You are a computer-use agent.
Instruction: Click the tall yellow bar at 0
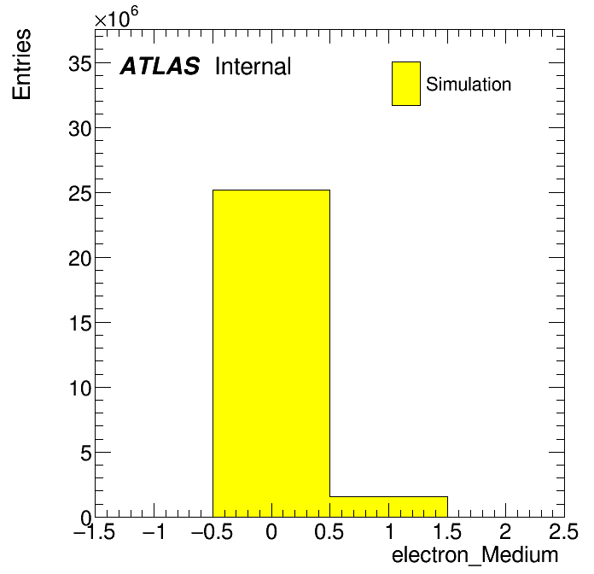click(x=271, y=354)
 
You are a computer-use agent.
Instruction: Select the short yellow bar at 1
click(x=388, y=507)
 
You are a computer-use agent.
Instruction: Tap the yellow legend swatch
click(x=406, y=84)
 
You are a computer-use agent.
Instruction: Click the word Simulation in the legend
click(x=469, y=85)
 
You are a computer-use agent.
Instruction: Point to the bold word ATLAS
click(x=160, y=66)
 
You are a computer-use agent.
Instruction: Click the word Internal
click(x=253, y=66)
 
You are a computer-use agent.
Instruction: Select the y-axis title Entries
click(x=21, y=64)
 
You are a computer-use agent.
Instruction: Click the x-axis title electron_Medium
click(x=475, y=555)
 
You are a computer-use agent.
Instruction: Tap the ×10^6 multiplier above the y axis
click(x=116, y=17)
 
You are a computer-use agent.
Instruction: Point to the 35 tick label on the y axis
click(x=80, y=64)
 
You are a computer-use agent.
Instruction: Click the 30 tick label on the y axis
click(x=80, y=129)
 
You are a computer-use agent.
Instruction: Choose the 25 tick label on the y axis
click(x=80, y=194)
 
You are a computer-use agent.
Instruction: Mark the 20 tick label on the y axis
click(x=80, y=259)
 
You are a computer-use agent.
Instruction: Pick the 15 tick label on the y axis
click(x=80, y=324)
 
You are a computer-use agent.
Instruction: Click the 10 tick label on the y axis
click(x=80, y=389)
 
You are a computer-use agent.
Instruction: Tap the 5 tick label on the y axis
click(x=86, y=454)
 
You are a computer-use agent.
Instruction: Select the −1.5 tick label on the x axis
click(x=94, y=532)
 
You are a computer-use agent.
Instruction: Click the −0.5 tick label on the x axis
click(x=212, y=532)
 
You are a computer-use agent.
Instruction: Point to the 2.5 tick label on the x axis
click(x=563, y=532)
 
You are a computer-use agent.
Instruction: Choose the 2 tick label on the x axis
click(x=506, y=532)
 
